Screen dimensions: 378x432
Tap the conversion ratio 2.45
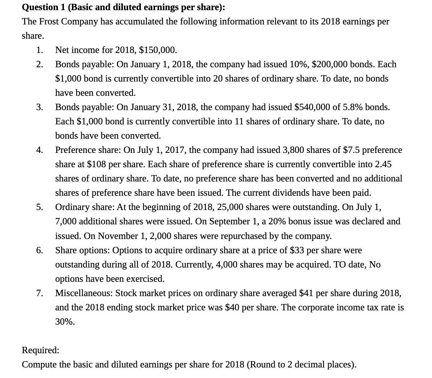tap(383, 164)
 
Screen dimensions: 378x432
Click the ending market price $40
tap(232, 307)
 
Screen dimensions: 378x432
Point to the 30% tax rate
tap(65, 322)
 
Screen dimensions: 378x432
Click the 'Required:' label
tap(41, 350)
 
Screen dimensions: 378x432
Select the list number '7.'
tap(39, 293)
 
